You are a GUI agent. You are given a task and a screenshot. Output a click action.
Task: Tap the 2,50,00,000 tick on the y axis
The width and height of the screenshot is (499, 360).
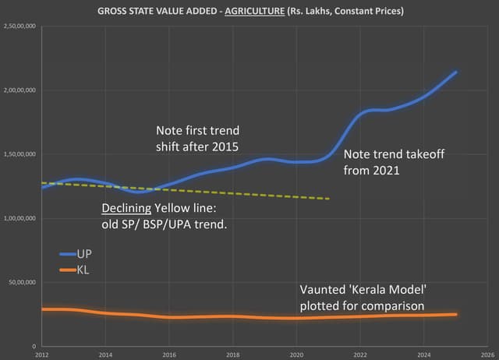(23, 26)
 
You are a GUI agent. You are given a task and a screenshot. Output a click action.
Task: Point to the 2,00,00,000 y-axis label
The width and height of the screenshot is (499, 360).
(23, 90)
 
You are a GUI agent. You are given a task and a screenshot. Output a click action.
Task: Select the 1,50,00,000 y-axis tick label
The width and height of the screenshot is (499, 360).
(23, 154)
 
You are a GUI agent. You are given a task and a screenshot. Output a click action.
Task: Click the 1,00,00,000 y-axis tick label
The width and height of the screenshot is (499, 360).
(23, 218)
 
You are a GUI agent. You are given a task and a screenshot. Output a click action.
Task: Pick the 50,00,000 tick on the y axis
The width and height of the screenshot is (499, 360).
(25, 282)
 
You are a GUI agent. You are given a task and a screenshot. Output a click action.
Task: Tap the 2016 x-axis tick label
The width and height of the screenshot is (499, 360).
(168, 354)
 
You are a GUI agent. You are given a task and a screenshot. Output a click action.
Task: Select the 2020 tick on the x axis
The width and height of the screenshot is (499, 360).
(296, 354)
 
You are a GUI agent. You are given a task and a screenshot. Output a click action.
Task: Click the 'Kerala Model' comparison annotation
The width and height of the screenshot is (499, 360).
(363, 298)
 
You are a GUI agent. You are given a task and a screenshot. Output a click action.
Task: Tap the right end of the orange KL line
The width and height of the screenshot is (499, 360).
(455, 314)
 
